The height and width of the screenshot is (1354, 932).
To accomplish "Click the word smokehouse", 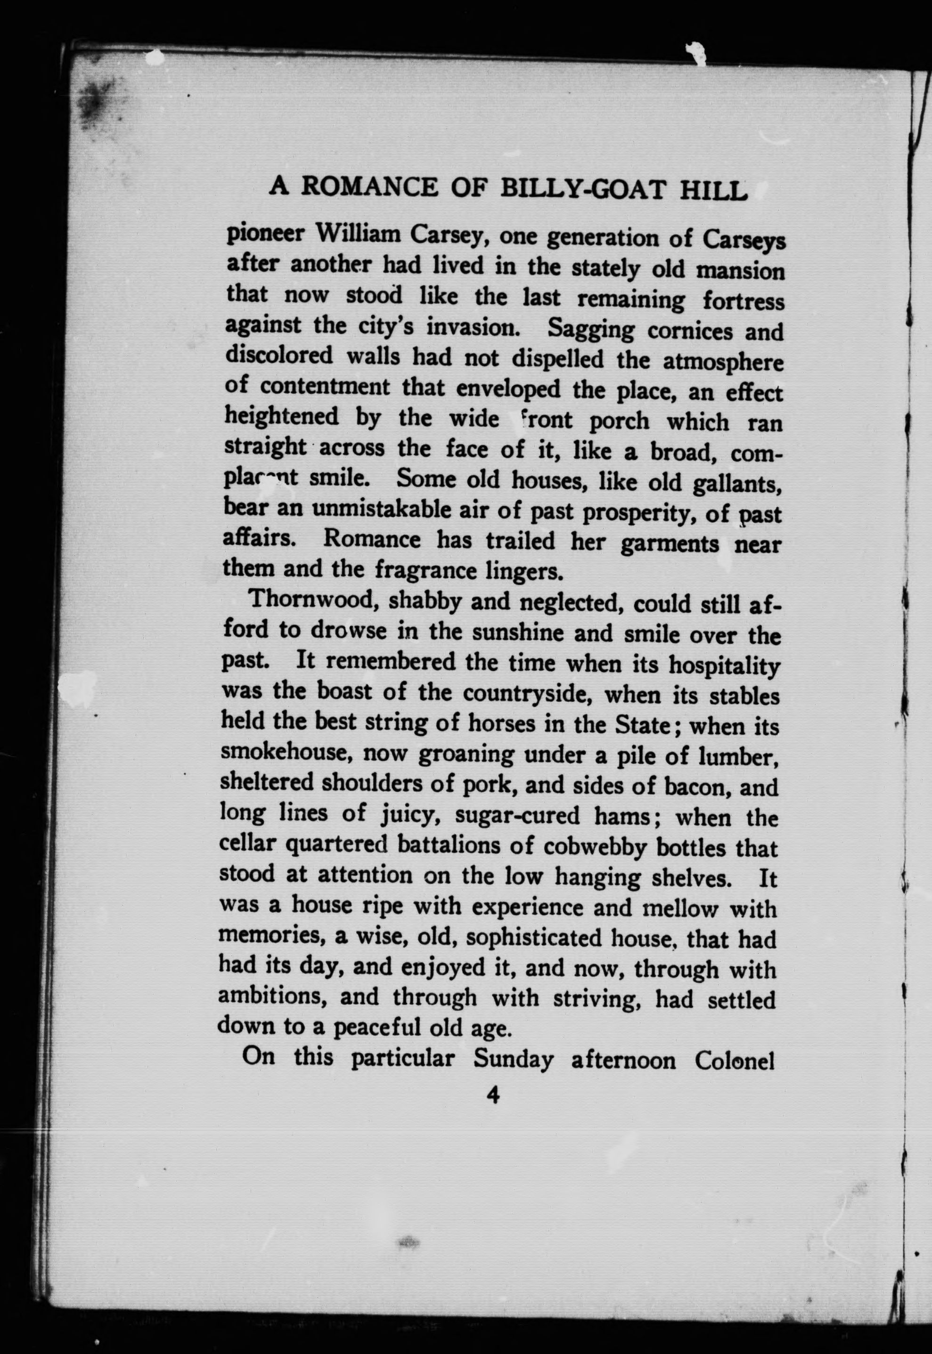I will click(x=286, y=753).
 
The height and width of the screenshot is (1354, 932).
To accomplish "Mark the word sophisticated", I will click(x=534, y=937).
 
